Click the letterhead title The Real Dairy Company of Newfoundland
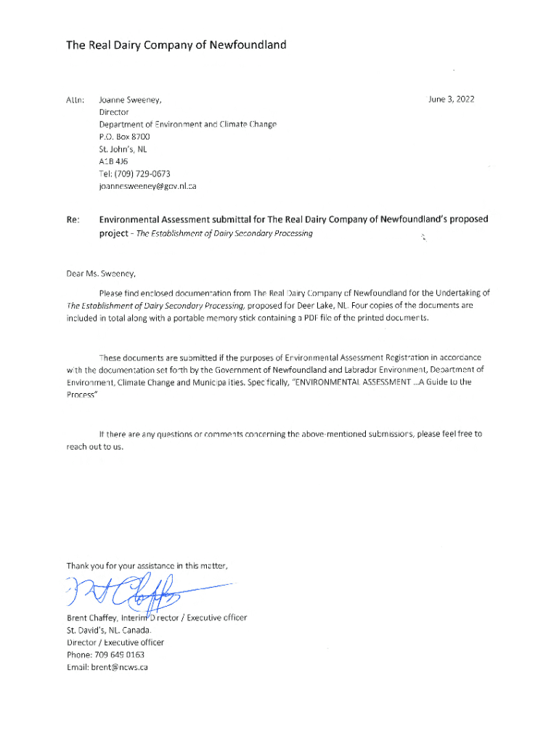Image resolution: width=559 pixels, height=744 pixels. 176,45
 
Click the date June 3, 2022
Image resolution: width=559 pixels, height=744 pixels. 452,99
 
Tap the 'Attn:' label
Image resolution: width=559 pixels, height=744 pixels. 76,100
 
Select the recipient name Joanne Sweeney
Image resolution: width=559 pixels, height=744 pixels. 130,100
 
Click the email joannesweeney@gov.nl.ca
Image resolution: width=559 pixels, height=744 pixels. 147,186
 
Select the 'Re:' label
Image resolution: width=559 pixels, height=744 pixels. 73,219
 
